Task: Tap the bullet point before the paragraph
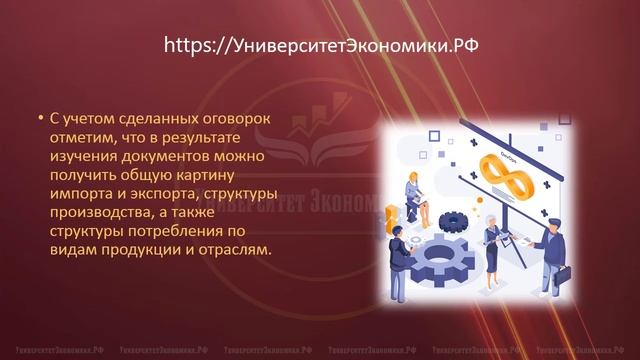[x=40, y=118]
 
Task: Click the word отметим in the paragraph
[x=84, y=137]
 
